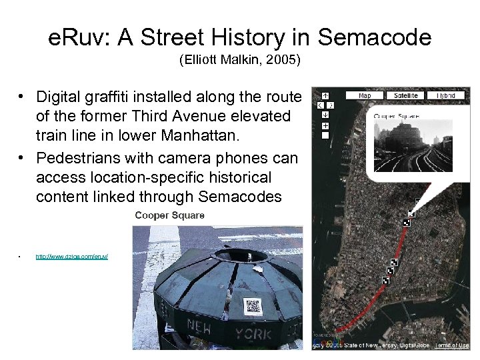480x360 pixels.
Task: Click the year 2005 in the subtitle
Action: coord(285,61)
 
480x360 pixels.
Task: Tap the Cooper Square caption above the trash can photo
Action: coord(169,215)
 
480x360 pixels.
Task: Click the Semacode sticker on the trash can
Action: coord(252,306)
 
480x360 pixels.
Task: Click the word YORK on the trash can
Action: coord(253,333)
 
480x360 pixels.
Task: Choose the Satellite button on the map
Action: coord(405,95)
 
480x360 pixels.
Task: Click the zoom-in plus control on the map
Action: coord(325,125)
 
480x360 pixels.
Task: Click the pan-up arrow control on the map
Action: coord(325,95)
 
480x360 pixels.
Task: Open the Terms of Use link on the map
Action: coord(452,345)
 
